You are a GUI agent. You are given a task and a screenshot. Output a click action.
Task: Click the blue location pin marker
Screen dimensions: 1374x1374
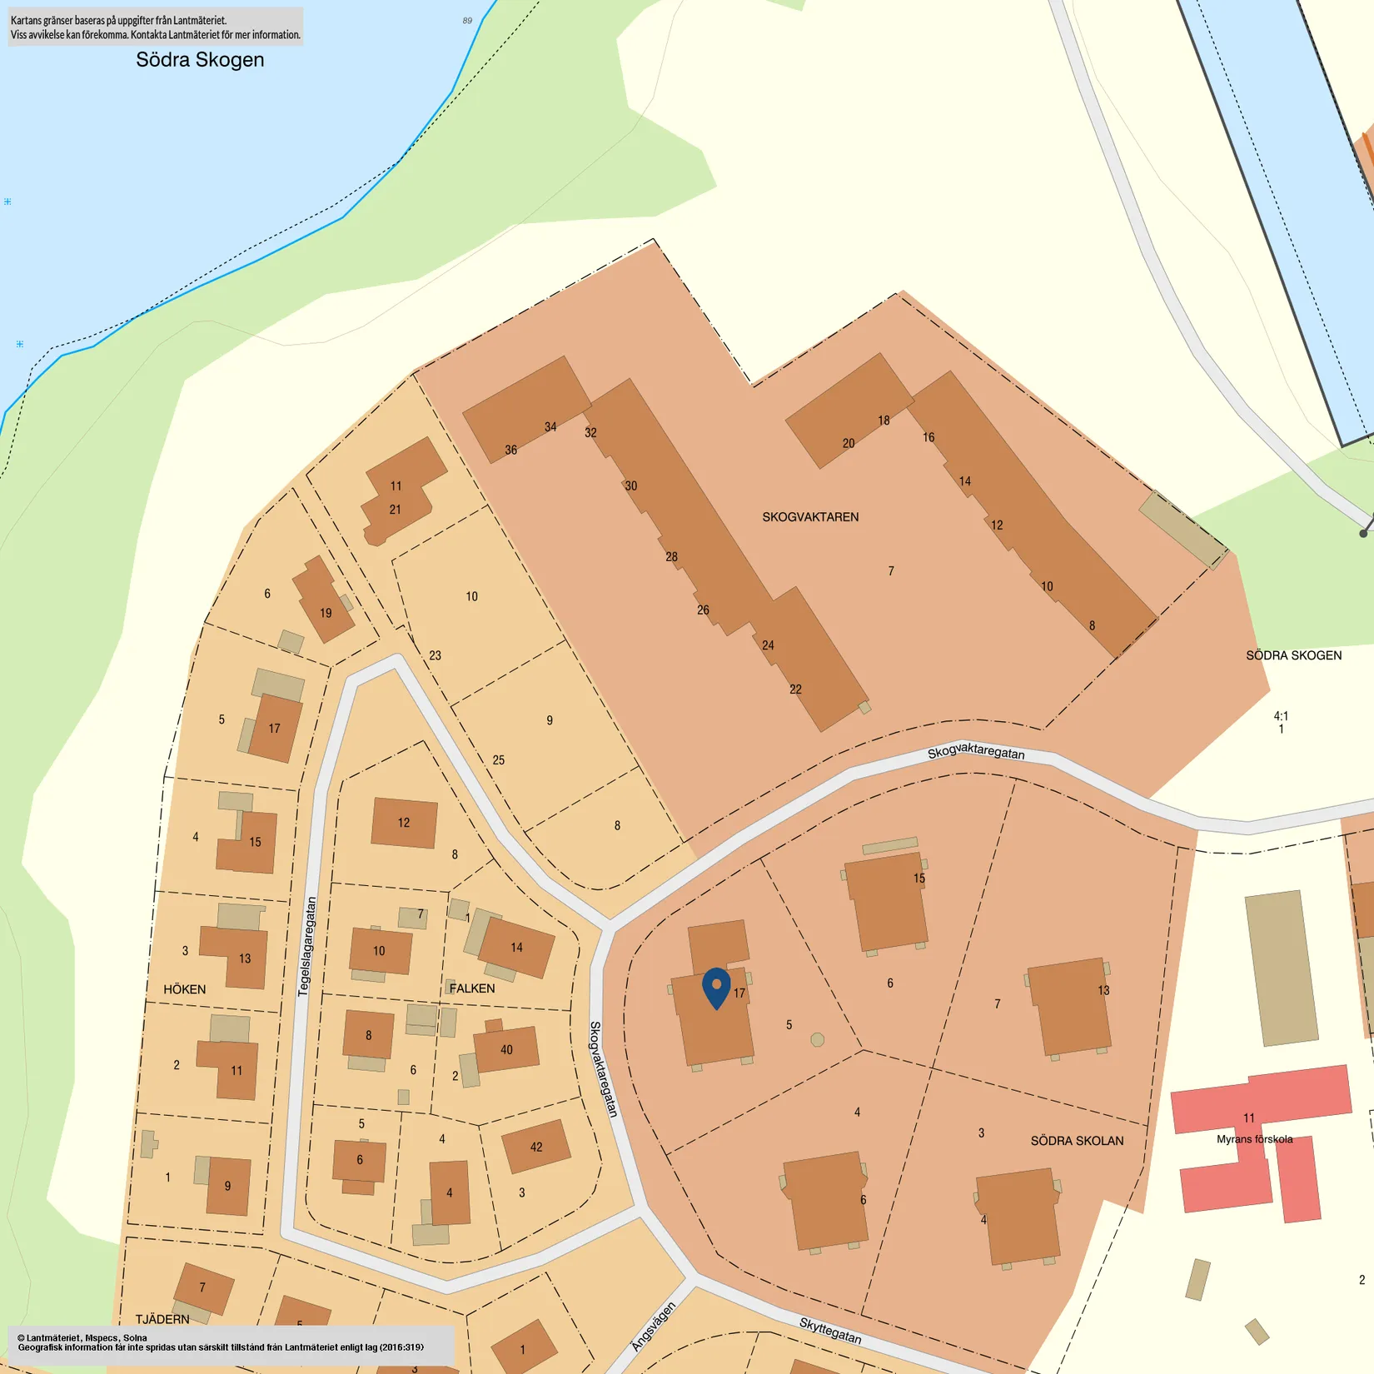716,988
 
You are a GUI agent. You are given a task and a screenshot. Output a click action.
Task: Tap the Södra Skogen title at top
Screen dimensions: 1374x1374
200,60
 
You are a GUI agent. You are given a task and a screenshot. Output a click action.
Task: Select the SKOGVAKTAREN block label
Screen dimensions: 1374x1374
810,517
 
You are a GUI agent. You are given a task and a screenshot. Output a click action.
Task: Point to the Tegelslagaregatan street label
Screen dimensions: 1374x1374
307,946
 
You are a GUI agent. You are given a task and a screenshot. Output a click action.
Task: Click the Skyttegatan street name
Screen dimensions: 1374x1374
830,1330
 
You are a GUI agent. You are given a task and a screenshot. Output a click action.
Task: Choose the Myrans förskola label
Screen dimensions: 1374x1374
1254,1139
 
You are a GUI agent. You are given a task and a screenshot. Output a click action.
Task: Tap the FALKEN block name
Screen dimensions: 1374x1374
472,988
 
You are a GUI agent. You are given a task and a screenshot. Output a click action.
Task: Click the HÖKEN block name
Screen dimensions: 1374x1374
185,989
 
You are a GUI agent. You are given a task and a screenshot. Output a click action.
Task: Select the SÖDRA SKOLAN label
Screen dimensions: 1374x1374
1077,1141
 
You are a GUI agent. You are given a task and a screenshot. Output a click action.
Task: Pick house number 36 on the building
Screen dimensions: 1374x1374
510,450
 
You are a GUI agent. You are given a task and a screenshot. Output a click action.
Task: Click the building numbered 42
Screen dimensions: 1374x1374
536,1147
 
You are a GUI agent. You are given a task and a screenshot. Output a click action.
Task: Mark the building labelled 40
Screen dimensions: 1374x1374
506,1049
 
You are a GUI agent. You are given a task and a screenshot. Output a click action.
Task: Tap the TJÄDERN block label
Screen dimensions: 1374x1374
162,1319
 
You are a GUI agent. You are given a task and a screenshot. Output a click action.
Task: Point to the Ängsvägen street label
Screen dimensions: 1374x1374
653,1327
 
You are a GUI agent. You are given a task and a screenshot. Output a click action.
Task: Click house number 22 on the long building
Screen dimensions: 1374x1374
795,689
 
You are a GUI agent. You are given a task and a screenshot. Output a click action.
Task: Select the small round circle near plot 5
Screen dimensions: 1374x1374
818,1039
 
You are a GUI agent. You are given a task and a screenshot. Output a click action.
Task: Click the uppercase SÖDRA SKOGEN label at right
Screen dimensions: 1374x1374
1293,655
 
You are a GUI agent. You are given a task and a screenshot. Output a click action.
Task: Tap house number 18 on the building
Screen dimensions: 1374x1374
884,421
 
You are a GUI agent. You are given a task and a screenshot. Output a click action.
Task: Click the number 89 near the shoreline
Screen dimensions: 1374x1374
467,21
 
